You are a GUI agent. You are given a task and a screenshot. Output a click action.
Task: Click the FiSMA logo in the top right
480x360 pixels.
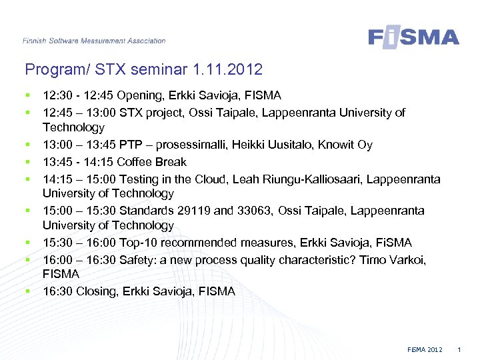point(413,37)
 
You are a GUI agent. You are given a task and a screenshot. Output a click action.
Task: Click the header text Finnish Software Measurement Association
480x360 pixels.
point(94,41)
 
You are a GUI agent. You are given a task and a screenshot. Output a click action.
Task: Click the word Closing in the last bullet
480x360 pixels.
point(95,291)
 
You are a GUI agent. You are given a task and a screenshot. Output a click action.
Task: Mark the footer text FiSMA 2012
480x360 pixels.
point(425,350)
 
